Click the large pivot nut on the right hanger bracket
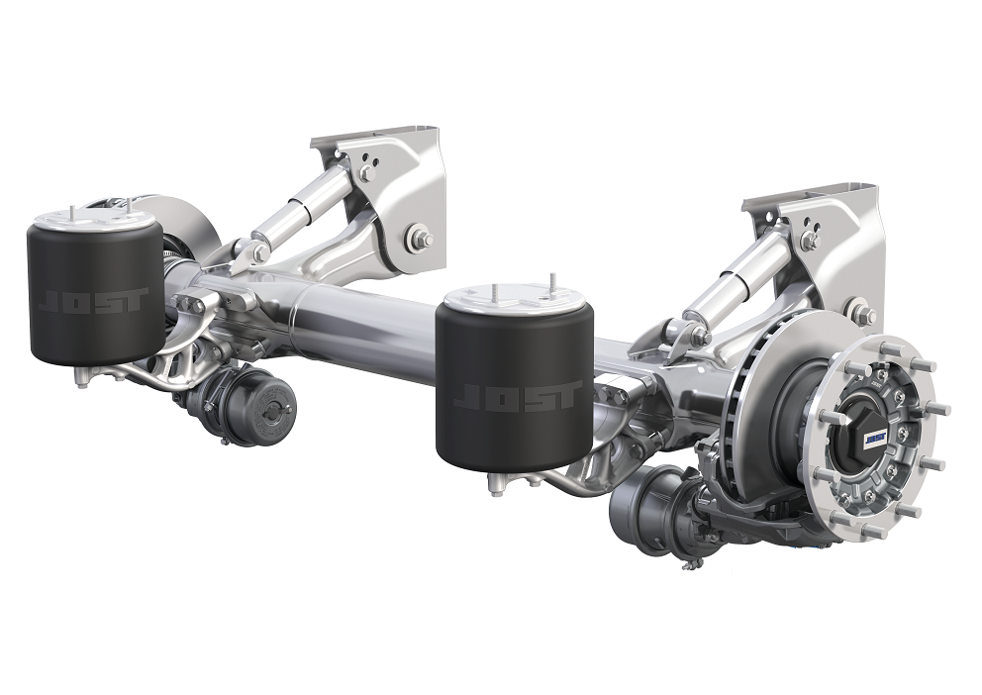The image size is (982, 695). (863, 316)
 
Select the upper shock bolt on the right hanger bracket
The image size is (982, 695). (811, 240)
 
